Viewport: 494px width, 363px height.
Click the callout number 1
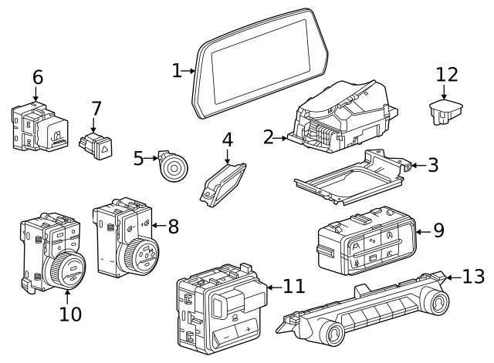(x=177, y=72)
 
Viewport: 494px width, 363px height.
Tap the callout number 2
(x=268, y=138)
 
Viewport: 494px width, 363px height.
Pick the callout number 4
(x=227, y=140)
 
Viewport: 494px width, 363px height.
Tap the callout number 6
(x=37, y=78)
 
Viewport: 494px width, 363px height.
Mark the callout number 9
(x=438, y=230)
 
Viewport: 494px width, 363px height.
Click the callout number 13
(x=473, y=276)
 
